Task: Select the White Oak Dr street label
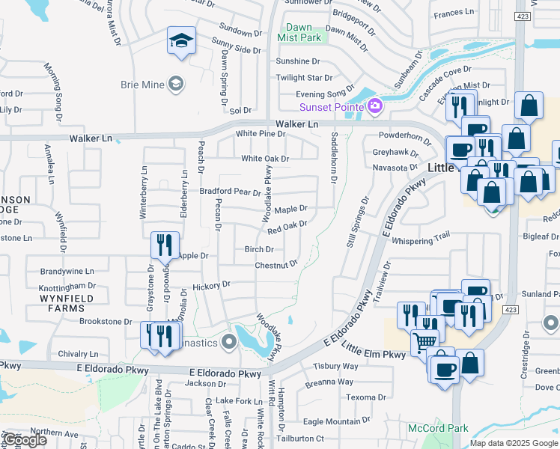[264, 159]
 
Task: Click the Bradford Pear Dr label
[229, 192]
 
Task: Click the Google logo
[24, 440]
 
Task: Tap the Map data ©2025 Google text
[513, 443]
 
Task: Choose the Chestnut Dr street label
[276, 265]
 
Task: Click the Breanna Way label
[328, 382]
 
